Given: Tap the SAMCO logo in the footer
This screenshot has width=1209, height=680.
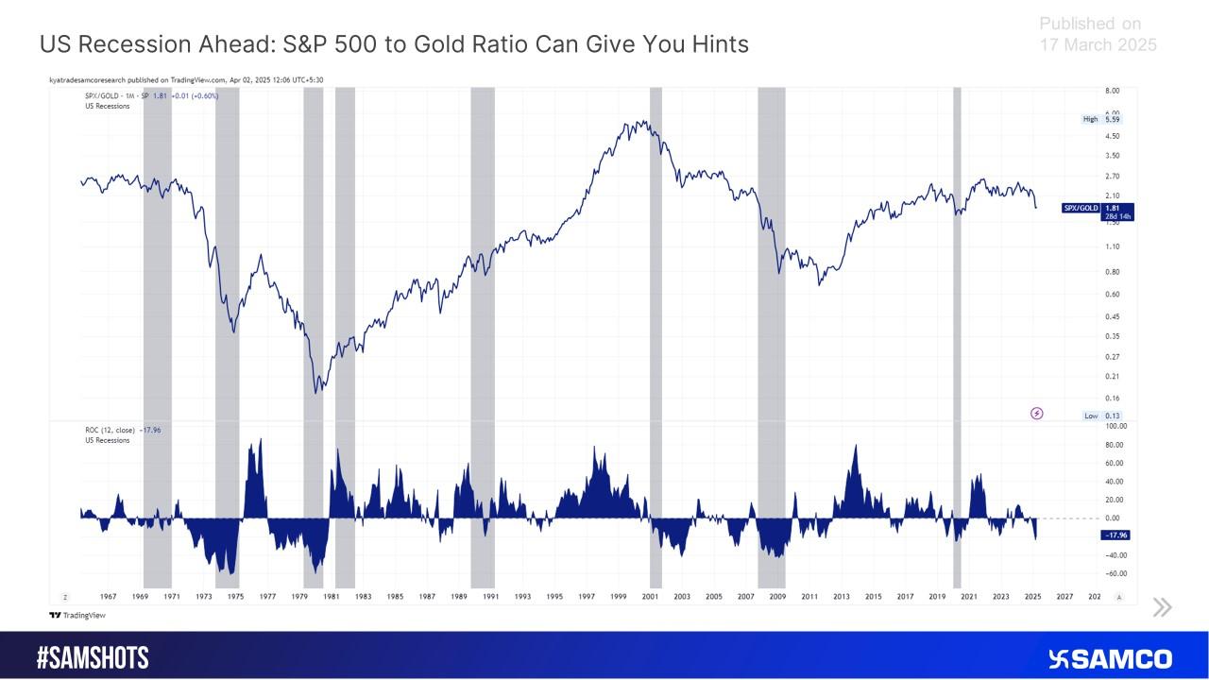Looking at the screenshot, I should coord(1111,658).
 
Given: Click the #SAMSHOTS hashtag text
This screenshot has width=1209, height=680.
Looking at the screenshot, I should coord(93,658).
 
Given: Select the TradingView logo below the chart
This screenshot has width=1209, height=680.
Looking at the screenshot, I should coord(77,615).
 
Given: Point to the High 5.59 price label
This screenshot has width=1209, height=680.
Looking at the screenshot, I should coord(1102,120).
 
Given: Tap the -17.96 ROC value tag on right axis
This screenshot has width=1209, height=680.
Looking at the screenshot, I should coord(1116,535).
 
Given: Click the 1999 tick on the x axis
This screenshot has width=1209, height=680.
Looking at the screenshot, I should coord(618,597).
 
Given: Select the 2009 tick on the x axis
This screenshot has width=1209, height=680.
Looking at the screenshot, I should coord(777,597).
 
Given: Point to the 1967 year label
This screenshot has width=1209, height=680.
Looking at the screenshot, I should coord(108,597).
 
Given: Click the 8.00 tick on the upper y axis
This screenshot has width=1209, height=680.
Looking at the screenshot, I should coord(1113,91).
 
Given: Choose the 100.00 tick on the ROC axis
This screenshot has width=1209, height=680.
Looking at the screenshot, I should coord(1115,426).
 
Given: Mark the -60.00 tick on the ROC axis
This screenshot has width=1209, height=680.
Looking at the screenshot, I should coord(1115,573).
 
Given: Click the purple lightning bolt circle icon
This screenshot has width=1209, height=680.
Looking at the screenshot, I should coord(1036,413).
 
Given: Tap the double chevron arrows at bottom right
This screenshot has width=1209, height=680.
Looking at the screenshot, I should coord(1162,607).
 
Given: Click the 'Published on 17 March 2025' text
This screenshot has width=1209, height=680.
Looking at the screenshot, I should coord(1098,34).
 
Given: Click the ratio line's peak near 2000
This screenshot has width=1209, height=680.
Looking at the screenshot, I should coord(641,122).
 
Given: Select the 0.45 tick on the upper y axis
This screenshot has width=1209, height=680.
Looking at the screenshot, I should coord(1113,316).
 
